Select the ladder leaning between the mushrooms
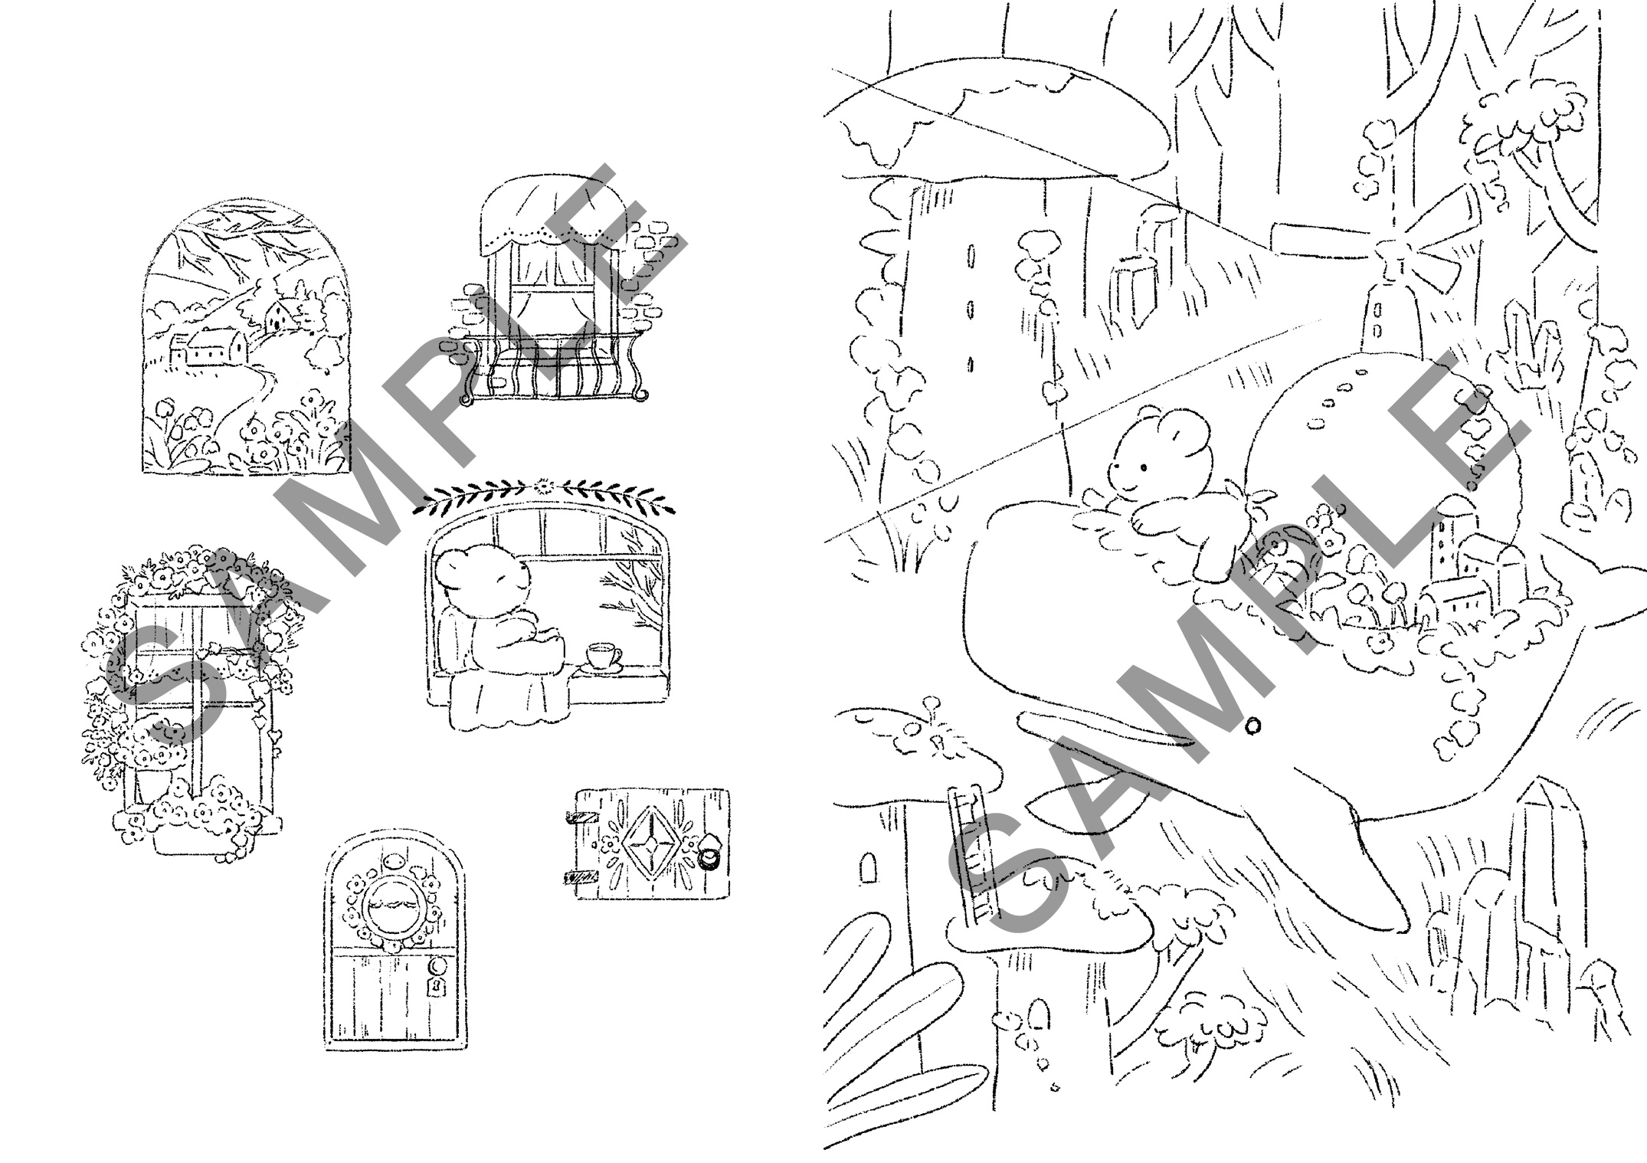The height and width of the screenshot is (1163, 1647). (x=969, y=850)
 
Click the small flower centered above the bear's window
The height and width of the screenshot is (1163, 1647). (x=545, y=485)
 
